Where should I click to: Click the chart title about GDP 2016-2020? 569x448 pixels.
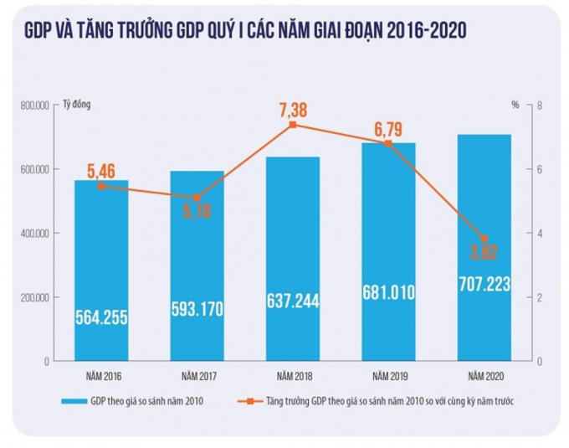point(245,31)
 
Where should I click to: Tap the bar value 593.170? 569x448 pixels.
point(197,308)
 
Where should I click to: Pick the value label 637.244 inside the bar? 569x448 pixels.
point(293,301)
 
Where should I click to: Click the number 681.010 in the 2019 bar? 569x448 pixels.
point(388,295)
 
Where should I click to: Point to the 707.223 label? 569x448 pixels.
point(484,284)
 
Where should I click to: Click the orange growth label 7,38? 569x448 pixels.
point(293,109)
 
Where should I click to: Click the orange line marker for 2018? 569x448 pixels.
point(293,125)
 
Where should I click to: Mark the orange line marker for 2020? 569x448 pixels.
point(484,239)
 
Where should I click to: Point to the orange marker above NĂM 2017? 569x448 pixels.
point(197,198)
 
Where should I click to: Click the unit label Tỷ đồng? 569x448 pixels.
point(77,106)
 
